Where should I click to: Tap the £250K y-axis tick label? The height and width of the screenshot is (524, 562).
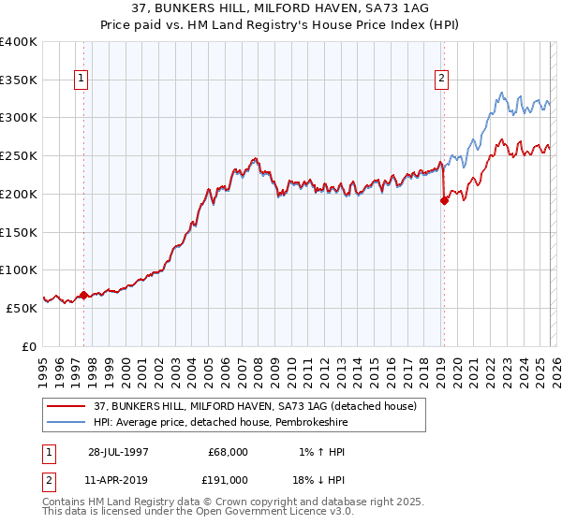[19, 156]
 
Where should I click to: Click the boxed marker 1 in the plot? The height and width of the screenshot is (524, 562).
[83, 80]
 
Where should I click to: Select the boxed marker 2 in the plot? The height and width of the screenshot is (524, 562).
[440, 80]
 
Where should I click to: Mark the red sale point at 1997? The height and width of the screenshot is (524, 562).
[83, 295]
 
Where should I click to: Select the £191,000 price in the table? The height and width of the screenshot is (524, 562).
[229, 480]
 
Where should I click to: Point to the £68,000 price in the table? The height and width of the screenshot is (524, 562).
[229, 452]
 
